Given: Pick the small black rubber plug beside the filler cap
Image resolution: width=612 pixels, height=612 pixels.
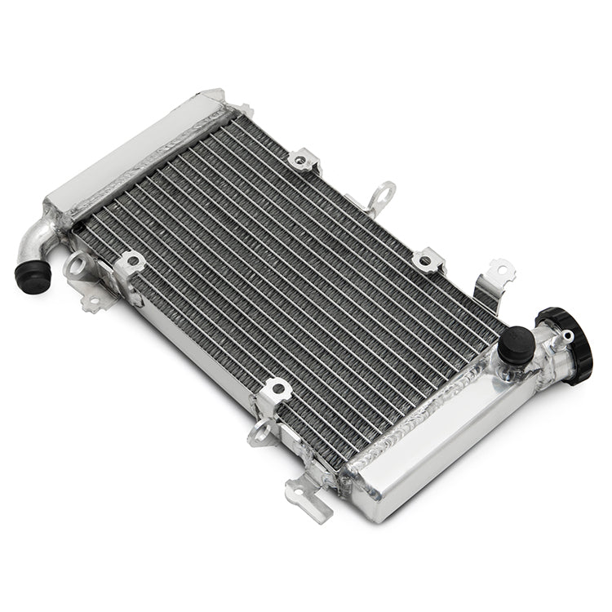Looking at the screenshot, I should pyautogui.click(x=516, y=344).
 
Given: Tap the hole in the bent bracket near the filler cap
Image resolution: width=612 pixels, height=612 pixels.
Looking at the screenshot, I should pyautogui.click(x=499, y=268).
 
